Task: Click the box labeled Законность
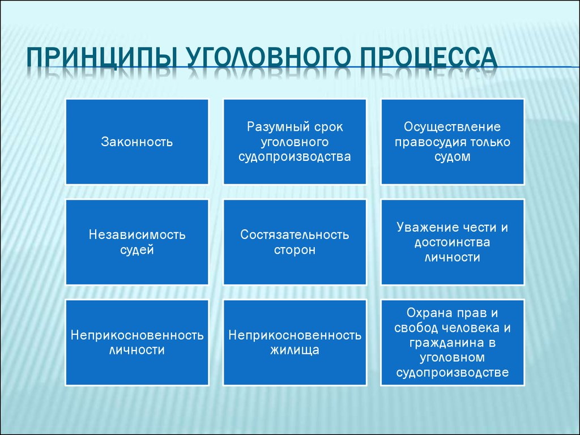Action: (137, 142)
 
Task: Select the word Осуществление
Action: (452, 127)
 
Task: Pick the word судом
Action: (452, 157)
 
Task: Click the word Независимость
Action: (137, 234)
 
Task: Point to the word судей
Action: (137, 249)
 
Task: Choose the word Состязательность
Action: (295, 234)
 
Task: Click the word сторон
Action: (295, 249)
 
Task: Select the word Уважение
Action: (428, 228)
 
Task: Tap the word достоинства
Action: (452, 242)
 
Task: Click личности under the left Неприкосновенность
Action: (137, 350)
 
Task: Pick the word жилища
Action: (295, 350)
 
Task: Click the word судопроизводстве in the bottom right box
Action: (452, 372)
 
